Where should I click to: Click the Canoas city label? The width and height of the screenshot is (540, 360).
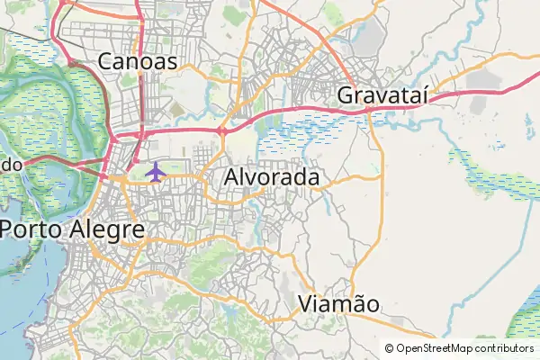pyautogui.click(x=138, y=61)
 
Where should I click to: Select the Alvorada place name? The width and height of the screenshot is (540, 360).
pyautogui.click(x=272, y=177)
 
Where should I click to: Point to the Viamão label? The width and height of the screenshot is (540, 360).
pyautogui.click(x=338, y=303)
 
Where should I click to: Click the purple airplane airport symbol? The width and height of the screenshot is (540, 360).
pyautogui.click(x=156, y=171)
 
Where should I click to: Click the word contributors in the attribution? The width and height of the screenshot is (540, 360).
pyautogui.click(x=504, y=348)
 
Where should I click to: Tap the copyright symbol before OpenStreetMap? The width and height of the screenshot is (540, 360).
pyautogui.click(x=390, y=348)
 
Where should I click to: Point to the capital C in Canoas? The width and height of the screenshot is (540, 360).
pyautogui.click(x=106, y=61)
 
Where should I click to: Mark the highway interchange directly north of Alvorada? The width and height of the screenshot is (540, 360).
pyautogui.click(x=221, y=131)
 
